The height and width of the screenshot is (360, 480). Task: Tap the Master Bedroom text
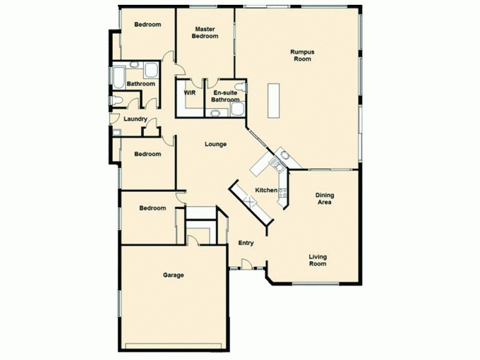205,32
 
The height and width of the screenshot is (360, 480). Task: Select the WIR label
190,93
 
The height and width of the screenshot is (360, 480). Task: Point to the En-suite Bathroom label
225,96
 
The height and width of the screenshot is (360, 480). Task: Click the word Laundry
135,119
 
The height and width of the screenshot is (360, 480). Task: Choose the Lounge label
215,144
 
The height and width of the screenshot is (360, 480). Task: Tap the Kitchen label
266,190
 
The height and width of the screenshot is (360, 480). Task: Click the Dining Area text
325,199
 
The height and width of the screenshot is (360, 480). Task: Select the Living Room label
318,260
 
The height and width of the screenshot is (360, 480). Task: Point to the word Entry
246,243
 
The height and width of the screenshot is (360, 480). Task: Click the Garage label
173,275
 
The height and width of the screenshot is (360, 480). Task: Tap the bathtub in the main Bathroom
118,77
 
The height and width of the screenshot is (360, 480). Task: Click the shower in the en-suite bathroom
237,109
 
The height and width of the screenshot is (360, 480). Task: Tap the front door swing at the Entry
246,262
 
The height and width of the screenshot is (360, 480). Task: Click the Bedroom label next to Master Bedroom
147,25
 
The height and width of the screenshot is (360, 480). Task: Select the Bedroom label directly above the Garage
152,208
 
